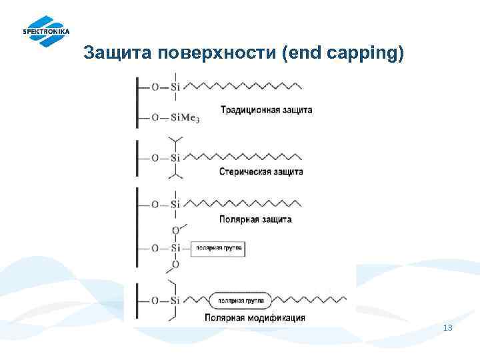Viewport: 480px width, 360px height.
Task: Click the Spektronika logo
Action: [x=45, y=31]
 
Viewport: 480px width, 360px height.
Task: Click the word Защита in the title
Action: [x=117, y=53]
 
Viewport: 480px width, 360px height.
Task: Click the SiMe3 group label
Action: [x=185, y=118]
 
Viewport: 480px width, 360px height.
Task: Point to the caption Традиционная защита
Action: [x=265, y=110]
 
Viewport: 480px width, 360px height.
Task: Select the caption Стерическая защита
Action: [x=261, y=171]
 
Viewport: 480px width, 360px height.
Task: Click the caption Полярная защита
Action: [x=255, y=219]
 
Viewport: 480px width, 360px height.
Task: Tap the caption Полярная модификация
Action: [x=255, y=318]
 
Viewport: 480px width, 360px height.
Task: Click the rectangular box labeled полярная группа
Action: [x=218, y=249]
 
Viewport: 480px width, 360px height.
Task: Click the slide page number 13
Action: [x=447, y=328]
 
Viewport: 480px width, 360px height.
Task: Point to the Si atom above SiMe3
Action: [x=175, y=87]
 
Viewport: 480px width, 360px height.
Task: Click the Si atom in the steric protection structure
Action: [x=175, y=158]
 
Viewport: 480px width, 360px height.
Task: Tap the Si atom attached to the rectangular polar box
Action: [x=175, y=248]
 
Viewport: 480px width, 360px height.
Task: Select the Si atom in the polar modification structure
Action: [x=175, y=301]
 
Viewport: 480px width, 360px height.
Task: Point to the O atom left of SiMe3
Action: [x=155, y=118]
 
